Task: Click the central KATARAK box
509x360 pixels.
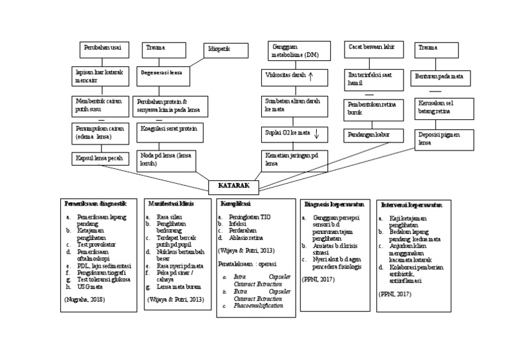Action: click(233, 187)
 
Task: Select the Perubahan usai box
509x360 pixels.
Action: click(104, 50)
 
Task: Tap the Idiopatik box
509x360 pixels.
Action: click(226, 50)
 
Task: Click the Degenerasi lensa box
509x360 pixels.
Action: click(163, 76)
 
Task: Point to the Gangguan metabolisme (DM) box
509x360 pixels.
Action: click(298, 51)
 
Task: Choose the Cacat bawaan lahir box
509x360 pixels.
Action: click(374, 49)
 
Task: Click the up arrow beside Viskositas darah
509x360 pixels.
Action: click(311, 76)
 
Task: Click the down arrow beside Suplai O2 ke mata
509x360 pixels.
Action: click(317, 133)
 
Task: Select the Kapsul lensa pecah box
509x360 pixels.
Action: click(100, 159)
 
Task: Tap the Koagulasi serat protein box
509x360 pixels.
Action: click(170, 132)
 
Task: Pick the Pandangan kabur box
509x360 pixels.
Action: click(374, 135)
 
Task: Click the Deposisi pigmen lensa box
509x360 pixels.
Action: click(444, 139)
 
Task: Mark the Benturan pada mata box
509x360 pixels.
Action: click(440, 78)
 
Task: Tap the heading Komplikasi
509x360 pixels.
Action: click(235, 204)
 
